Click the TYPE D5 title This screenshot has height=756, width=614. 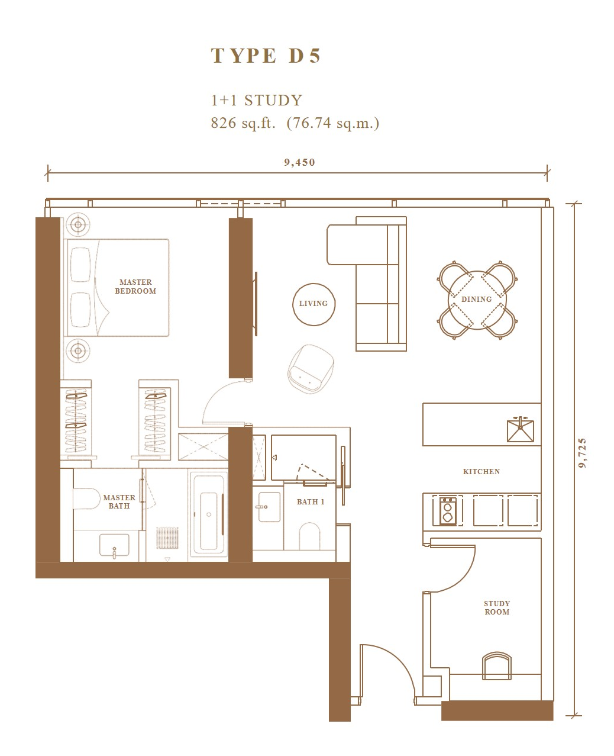[266, 56]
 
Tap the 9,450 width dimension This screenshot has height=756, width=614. [299, 163]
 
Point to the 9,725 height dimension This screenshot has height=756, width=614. [581, 453]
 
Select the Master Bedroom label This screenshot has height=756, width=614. [135, 287]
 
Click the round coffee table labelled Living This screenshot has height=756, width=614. [314, 304]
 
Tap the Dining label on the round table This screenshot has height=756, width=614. [476, 299]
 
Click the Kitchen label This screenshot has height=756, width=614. [481, 471]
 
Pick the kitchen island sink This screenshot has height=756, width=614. [521, 430]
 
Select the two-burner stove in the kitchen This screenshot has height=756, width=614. [448, 510]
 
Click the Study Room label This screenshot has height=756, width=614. [497, 607]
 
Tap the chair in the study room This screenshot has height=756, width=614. [497, 666]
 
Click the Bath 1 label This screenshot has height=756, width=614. [311, 501]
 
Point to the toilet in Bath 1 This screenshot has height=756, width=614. [310, 536]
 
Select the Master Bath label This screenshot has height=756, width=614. [119, 501]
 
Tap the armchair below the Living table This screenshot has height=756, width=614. [311, 369]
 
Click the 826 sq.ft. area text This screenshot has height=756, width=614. [243, 123]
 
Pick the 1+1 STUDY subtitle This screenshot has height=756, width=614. [257, 101]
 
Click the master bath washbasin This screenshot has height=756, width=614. [114, 545]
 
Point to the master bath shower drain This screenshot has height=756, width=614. [167, 538]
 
